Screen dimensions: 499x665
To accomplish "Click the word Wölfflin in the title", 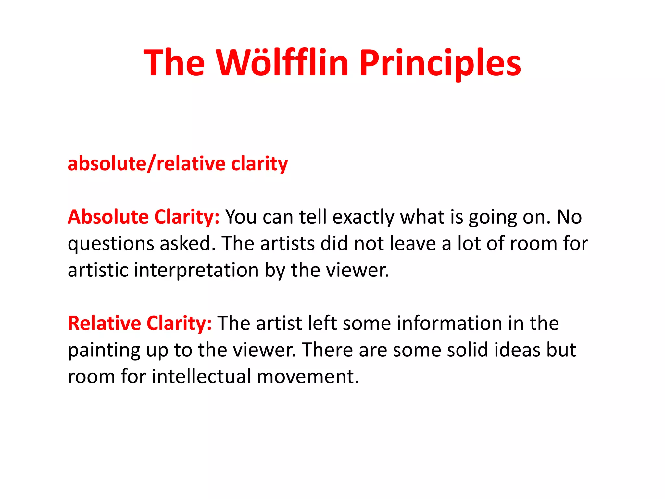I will (x=282, y=63).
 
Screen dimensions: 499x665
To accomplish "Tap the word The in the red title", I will (x=174, y=63).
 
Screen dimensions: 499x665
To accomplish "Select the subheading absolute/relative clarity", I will (x=178, y=163).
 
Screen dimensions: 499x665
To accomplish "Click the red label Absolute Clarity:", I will (x=144, y=217).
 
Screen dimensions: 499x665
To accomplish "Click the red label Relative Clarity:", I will (x=140, y=323).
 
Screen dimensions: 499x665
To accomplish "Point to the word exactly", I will (x=363, y=217).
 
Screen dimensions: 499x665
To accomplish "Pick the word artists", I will (x=287, y=243).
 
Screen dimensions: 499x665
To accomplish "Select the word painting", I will (x=104, y=351).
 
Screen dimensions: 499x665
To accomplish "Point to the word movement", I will (x=308, y=377).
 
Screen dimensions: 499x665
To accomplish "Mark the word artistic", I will (x=98, y=270).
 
